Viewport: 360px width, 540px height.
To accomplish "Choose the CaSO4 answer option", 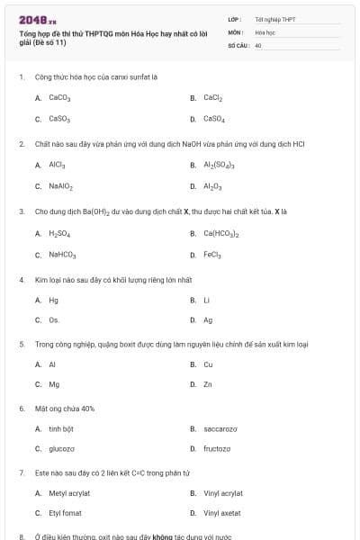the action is coord(214,119).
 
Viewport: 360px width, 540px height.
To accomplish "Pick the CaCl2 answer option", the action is coord(213,97).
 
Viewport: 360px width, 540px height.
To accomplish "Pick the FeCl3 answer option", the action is coord(212,255).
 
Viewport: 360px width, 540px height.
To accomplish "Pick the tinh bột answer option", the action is coord(61,429).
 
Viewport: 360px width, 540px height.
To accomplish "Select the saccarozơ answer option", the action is coord(220,429).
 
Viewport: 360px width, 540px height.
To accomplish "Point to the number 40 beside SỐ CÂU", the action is coord(258,44).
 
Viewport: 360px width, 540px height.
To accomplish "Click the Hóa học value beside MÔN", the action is coord(265,31).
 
